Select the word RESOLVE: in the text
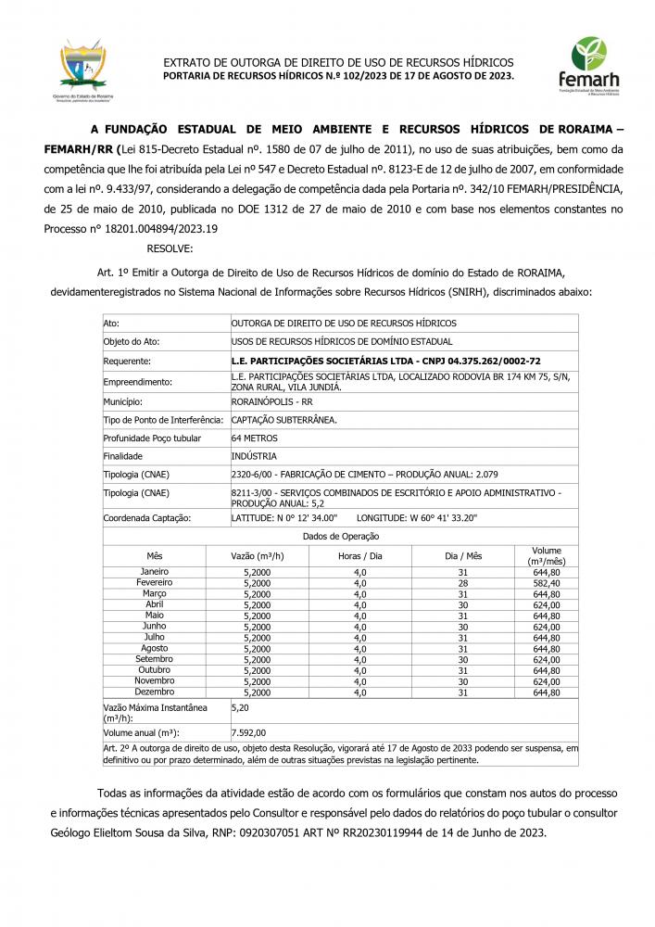pyautogui.click(x=170, y=248)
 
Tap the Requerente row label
pyautogui.click(x=127, y=361)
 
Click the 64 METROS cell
pyautogui.click(x=254, y=438)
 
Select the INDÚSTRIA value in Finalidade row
pyautogui.click(x=254, y=456)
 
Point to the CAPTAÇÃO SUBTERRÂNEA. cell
pyautogui.click(x=283, y=420)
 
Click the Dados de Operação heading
pyautogui.click(x=341, y=536)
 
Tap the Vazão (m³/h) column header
pyautogui.click(x=257, y=556)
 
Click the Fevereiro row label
pyautogui.click(x=155, y=582)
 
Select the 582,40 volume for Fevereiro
pyautogui.click(x=547, y=582)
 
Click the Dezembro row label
pyautogui.click(x=155, y=692)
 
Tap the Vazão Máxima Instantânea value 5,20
pyautogui.click(x=239, y=707)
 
